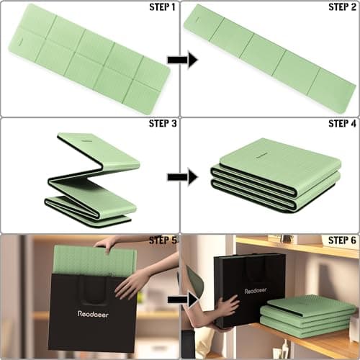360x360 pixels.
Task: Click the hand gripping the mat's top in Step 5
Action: coord(106,243)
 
